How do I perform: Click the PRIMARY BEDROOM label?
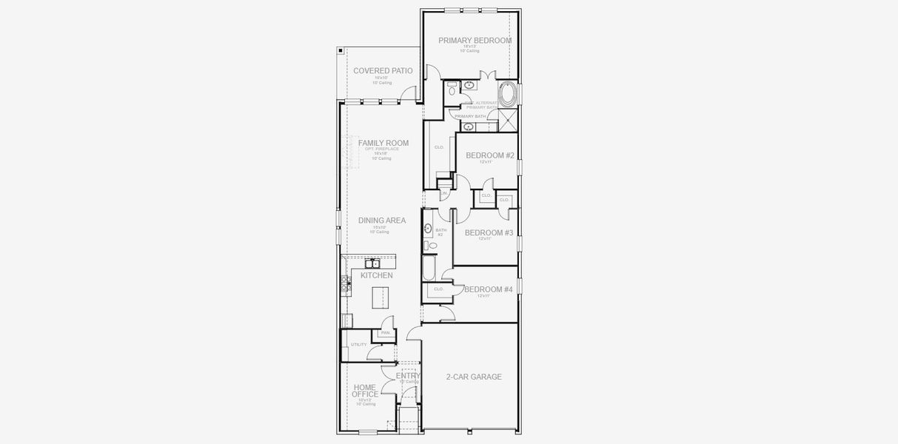click(475, 41)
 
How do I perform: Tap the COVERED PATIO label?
click(383, 71)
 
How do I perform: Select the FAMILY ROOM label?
click(383, 143)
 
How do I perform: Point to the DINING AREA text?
click(382, 221)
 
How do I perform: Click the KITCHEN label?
click(377, 275)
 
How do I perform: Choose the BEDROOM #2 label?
click(490, 155)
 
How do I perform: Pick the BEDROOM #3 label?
click(489, 232)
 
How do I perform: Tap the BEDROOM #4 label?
click(489, 289)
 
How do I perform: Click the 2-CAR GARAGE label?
click(474, 377)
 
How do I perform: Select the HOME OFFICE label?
click(365, 391)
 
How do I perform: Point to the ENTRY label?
click(408, 375)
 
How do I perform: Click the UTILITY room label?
click(358, 345)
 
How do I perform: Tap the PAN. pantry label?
click(385, 333)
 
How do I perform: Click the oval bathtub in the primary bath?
click(508, 94)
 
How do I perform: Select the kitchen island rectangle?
click(380, 296)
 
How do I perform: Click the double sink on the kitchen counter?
click(372, 263)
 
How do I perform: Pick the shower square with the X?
click(508, 119)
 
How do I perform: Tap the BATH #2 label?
click(440, 232)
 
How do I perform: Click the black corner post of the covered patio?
click(340, 50)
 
